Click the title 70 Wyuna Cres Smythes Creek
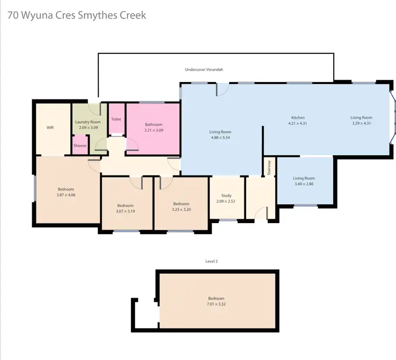point(77,15)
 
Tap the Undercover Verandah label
point(204,69)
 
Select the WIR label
point(50,127)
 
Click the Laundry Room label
point(88,122)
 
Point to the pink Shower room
point(80,145)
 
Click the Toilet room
point(116,119)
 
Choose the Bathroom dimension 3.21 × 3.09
point(154,130)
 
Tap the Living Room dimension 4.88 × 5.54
point(220,137)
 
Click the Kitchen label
point(298,118)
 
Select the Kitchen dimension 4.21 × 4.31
point(298,123)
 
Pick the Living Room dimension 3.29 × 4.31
point(362,123)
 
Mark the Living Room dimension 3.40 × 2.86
point(304,184)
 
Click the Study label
point(227,196)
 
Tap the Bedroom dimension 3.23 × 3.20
point(181,209)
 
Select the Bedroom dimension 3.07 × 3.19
point(125,211)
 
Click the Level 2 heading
point(211,261)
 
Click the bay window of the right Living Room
point(392,118)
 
